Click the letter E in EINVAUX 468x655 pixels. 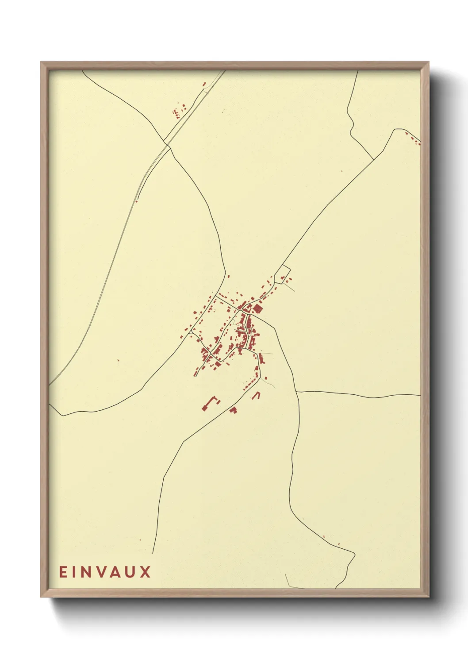(x=63, y=572)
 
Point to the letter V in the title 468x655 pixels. (x=105, y=572)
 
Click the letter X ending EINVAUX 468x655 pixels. (x=146, y=572)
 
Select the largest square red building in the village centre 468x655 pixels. (x=257, y=308)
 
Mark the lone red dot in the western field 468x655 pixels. (x=118, y=360)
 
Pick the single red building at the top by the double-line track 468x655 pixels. (x=204, y=84)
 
